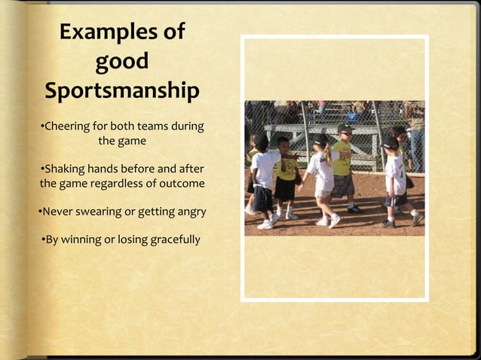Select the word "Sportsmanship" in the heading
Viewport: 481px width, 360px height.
(x=122, y=91)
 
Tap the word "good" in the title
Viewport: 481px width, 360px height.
(x=121, y=62)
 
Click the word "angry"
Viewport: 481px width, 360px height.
(x=189, y=212)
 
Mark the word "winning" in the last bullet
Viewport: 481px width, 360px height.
(x=85, y=240)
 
